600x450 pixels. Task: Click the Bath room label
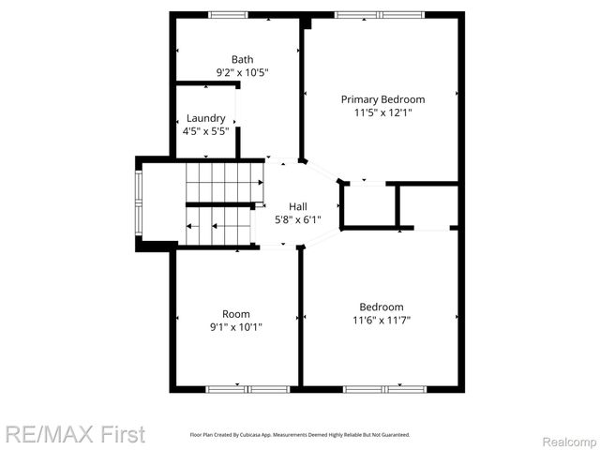(242, 59)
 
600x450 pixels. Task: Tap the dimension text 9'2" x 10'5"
(242, 72)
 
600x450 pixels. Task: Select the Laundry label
(205, 118)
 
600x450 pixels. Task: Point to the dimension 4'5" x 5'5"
(205, 131)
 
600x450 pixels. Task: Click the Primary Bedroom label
(382, 99)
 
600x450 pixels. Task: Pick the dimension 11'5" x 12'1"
(382, 112)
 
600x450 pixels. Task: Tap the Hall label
(297, 206)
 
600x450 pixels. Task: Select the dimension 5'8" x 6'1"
(297, 219)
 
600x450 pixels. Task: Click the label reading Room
(235, 314)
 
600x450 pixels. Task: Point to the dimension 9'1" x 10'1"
(235, 327)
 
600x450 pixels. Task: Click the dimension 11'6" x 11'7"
(382, 320)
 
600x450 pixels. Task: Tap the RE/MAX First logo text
(75, 434)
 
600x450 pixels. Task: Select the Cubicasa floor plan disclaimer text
(300, 435)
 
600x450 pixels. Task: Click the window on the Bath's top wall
(228, 14)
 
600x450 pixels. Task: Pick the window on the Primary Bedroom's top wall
(381, 14)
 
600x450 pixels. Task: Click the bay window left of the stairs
(140, 203)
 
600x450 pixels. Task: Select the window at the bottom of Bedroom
(384, 388)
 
